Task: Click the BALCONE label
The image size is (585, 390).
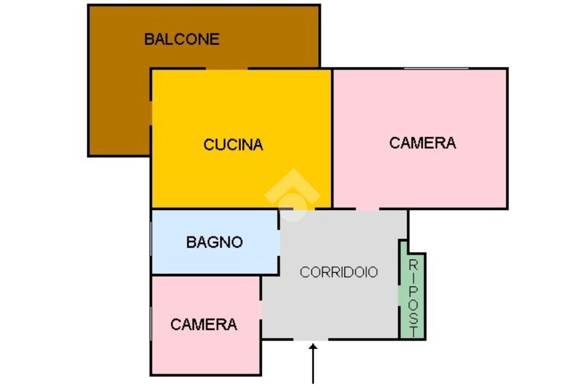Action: (x=182, y=39)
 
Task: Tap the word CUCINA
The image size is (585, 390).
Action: (x=233, y=145)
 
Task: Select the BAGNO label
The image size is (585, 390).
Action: (x=214, y=242)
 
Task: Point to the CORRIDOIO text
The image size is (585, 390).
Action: (x=339, y=272)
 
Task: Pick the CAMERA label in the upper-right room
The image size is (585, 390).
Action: (x=422, y=142)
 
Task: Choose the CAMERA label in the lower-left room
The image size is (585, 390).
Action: (x=203, y=325)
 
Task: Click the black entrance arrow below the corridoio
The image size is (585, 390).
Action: (x=313, y=363)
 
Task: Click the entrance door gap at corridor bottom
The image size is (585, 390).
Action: (x=310, y=340)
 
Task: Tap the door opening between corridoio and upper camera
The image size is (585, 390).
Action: (x=367, y=209)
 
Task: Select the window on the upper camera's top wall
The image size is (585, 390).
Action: (x=436, y=69)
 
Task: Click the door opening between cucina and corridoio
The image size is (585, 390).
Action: (x=296, y=209)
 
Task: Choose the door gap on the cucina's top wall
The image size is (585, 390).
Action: (x=226, y=69)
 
